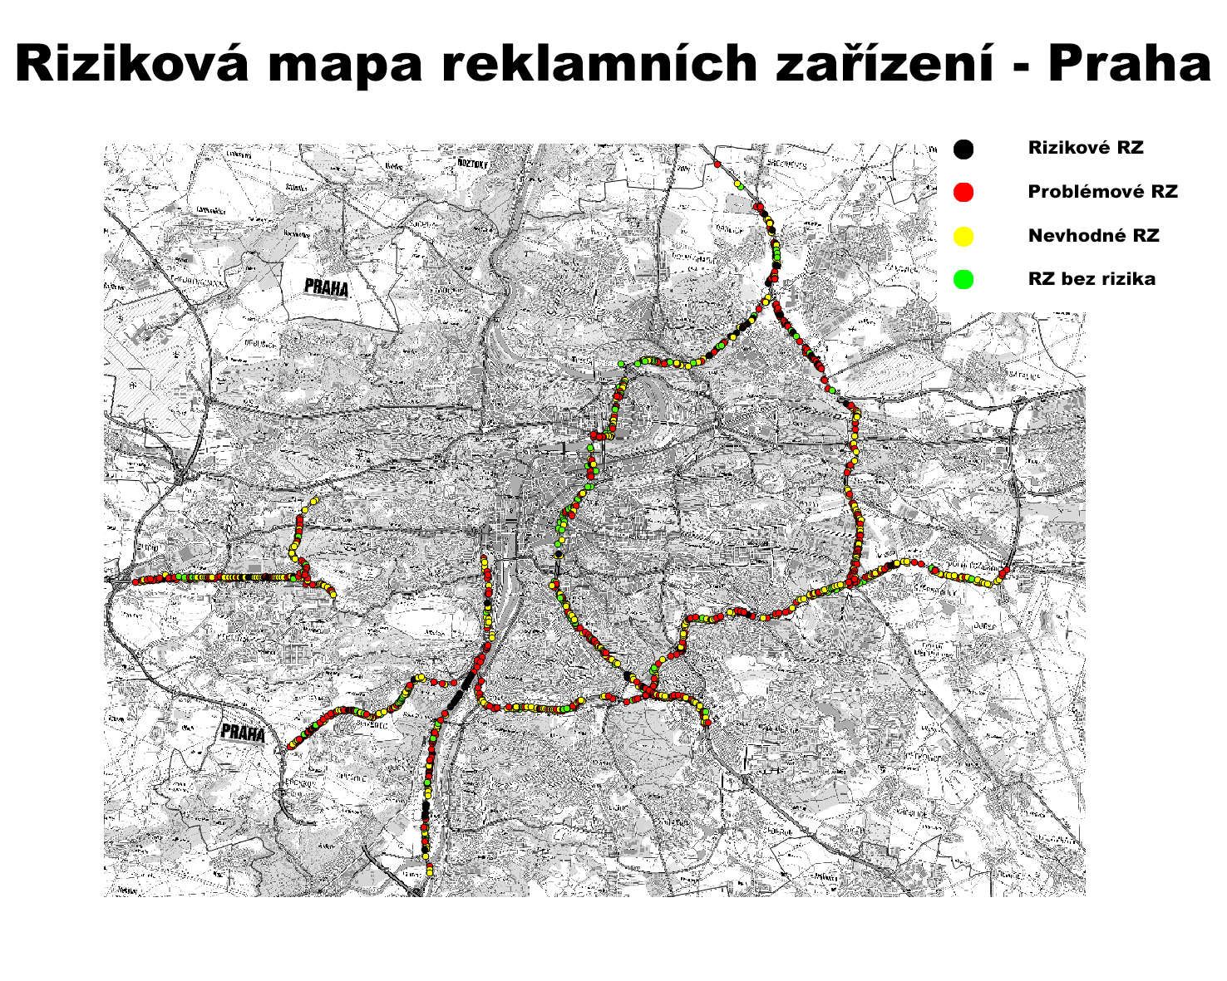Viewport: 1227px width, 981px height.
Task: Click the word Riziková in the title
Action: coord(132,64)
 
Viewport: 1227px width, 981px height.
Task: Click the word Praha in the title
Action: coord(1129,64)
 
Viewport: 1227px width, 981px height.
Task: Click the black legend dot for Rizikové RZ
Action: coord(963,150)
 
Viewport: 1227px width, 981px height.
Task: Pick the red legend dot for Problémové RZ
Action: coord(963,193)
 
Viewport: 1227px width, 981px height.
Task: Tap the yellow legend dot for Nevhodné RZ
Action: coord(963,237)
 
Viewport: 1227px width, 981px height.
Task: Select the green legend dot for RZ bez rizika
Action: coord(963,280)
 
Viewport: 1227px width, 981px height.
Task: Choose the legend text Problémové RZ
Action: coord(1102,192)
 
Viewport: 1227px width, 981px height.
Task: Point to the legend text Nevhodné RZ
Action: coord(1093,236)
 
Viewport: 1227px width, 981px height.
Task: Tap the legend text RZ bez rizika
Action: coord(1091,279)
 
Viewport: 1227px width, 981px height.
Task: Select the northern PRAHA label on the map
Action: coord(326,287)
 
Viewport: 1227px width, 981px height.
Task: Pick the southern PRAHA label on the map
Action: coord(243,733)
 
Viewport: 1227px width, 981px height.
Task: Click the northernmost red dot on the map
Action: coord(717,164)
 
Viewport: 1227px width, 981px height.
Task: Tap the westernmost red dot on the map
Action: coord(136,581)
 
